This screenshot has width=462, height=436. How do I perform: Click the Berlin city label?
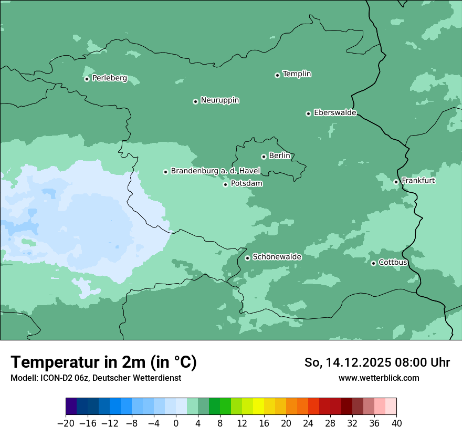click(x=279, y=156)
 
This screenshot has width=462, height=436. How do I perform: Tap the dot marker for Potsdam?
click(x=226, y=184)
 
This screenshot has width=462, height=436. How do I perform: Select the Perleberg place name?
click(x=109, y=78)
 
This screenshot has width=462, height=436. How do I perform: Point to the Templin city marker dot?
click(x=278, y=75)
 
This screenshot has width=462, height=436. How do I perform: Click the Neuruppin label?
click(x=219, y=100)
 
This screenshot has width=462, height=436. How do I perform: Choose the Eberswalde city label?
click(x=335, y=113)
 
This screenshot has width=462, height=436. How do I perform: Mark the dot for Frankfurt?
click(x=396, y=182)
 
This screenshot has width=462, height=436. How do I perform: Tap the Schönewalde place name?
click(x=277, y=257)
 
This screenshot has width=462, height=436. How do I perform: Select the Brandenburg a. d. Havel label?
click(x=215, y=171)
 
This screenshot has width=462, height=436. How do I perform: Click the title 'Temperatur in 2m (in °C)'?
click(x=104, y=362)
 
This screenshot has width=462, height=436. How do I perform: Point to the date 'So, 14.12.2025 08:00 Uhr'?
click(x=377, y=362)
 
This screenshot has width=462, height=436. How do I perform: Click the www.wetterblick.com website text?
click(x=379, y=378)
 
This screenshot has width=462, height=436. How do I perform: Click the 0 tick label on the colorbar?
click(x=176, y=423)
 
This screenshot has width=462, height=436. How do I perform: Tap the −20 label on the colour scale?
click(x=66, y=423)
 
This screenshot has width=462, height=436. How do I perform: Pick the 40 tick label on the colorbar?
click(x=396, y=423)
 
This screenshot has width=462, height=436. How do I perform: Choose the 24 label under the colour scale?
click(x=308, y=423)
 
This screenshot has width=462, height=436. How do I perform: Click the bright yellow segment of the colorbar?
click(x=258, y=407)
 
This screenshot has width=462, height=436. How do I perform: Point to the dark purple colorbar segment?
click(x=71, y=407)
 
